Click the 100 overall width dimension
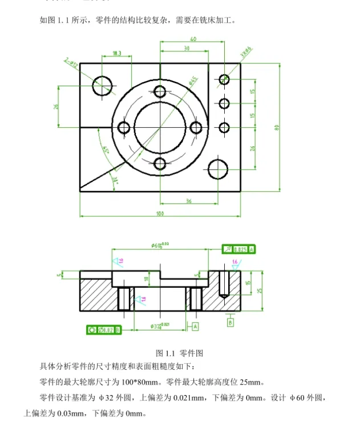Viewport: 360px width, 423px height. (x=159, y=213)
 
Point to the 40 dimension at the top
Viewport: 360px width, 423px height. (x=193, y=39)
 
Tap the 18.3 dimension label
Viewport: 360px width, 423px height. (x=117, y=53)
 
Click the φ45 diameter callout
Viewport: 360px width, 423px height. (x=193, y=80)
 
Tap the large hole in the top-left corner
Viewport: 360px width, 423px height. (x=103, y=86)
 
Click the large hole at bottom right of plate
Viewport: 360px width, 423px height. (x=218, y=169)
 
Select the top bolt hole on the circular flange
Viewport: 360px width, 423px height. (x=160, y=91)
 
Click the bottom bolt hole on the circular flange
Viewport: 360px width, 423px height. (x=160, y=164)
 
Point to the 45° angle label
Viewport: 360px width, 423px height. (x=106, y=150)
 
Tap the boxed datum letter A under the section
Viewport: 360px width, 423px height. (x=195, y=327)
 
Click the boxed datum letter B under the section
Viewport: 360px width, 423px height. (x=230, y=322)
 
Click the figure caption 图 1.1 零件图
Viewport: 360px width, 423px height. (x=180, y=353)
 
